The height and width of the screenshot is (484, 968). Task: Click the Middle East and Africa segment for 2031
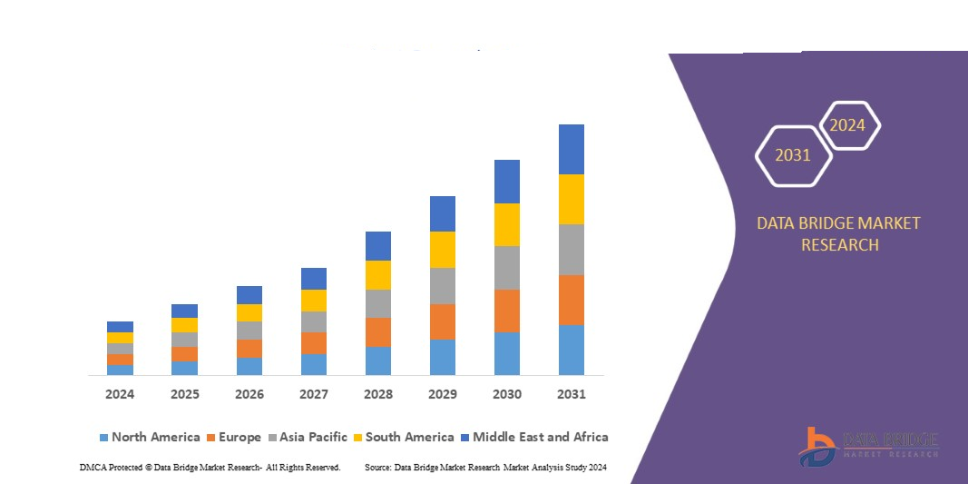coord(572,149)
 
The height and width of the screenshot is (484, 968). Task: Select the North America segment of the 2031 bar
coord(572,350)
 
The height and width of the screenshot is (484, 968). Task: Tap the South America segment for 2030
coord(507,224)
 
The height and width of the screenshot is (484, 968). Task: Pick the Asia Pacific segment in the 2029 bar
coord(443,285)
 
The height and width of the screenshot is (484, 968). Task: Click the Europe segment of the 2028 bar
coord(378,332)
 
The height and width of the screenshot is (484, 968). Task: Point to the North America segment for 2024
coord(120,370)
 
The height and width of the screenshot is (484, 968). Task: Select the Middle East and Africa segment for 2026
coord(249,294)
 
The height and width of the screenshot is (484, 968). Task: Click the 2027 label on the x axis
coord(314,394)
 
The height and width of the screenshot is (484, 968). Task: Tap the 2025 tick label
coord(184,394)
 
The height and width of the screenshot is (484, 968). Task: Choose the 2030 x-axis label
coord(507,394)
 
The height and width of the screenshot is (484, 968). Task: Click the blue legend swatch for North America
coord(103,438)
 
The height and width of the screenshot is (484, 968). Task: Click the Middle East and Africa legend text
coord(541,437)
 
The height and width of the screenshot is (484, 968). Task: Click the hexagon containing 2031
coord(793,156)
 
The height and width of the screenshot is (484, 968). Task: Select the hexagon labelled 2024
coord(848,125)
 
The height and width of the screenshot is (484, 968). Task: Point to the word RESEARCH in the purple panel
coord(838,244)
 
